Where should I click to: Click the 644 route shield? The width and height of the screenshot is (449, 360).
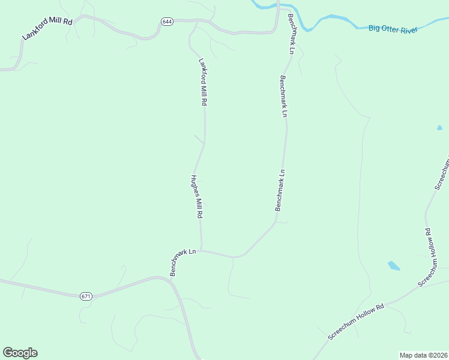point(167,22)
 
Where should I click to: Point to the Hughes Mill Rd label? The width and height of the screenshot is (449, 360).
point(197,197)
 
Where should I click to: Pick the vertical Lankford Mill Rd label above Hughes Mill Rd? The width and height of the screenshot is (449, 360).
point(203,82)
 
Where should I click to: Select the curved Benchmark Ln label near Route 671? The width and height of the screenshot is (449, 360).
point(182,262)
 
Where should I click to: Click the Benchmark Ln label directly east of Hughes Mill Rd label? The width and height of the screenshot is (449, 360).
point(280,190)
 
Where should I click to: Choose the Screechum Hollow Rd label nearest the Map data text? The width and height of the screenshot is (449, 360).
point(356,323)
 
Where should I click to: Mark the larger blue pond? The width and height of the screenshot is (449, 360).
point(394,265)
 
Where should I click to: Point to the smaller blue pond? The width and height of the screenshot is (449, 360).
point(439,128)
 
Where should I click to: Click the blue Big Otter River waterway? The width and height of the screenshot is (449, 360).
point(336,20)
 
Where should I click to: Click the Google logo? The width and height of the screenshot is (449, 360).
point(20,353)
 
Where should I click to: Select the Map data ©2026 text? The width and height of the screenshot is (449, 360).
point(423,355)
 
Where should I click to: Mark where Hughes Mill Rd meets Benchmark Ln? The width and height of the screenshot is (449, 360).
point(201,251)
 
